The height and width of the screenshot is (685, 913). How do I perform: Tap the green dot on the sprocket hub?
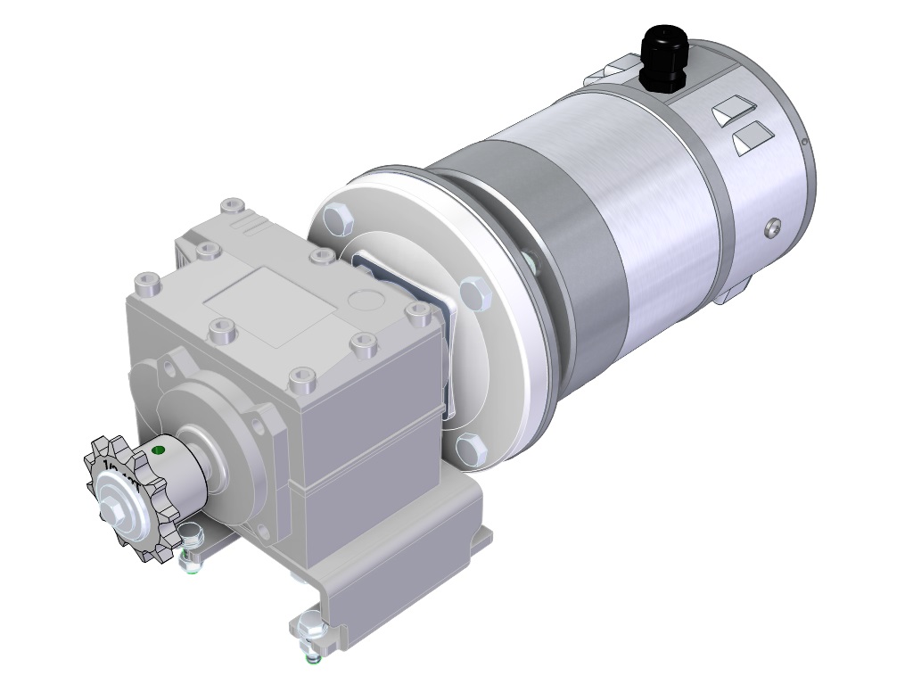tap(159, 450)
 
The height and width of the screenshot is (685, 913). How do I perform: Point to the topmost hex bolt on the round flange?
tap(336, 217)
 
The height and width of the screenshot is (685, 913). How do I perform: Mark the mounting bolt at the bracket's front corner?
tap(308, 624)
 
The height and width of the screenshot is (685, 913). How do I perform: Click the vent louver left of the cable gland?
tap(612, 70)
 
